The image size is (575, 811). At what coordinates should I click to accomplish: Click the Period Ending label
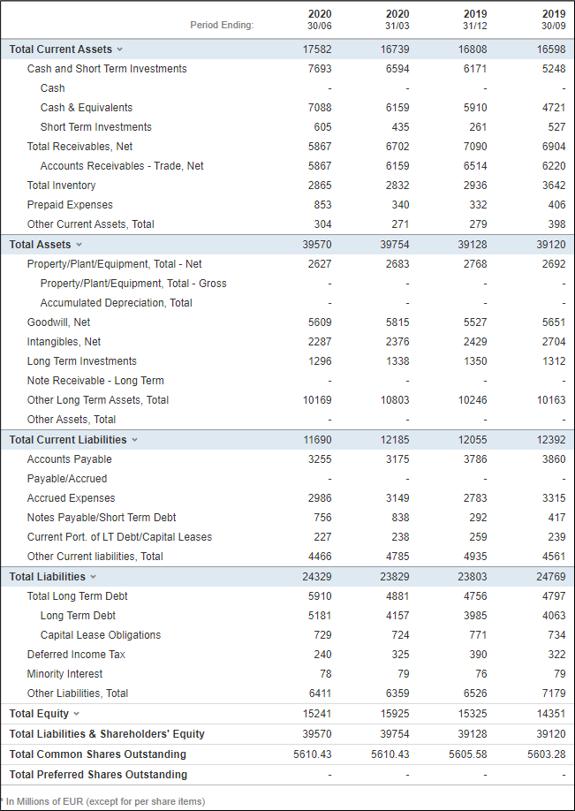(x=222, y=25)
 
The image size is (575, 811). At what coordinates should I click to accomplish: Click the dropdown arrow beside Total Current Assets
(x=120, y=49)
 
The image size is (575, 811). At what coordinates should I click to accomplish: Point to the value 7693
(x=321, y=69)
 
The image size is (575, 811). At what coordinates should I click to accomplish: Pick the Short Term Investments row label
(x=96, y=127)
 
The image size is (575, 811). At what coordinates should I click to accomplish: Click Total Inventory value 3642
(x=554, y=186)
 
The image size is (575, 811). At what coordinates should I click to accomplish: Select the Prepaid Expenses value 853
(x=322, y=205)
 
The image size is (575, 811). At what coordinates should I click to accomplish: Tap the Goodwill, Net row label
(x=58, y=322)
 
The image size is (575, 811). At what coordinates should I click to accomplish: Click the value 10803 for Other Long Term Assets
(x=396, y=400)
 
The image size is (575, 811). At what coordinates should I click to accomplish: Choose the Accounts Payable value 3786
(x=476, y=459)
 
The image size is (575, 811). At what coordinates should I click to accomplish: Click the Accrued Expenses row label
(x=72, y=498)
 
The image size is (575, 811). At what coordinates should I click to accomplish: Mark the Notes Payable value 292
(x=478, y=518)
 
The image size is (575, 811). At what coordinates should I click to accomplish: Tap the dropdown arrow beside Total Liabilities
(x=94, y=577)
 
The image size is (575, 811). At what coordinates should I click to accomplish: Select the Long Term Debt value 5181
(x=321, y=616)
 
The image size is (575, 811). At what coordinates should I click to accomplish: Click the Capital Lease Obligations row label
(x=101, y=635)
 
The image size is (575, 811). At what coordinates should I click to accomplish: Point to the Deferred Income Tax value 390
(x=478, y=655)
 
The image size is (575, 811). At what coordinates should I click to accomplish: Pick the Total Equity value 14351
(x=552, y=714)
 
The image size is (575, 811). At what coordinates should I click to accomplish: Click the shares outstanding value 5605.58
(x=468, y=754)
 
